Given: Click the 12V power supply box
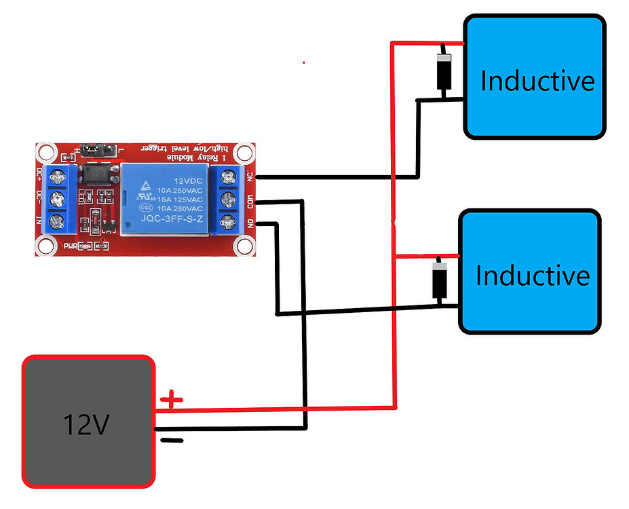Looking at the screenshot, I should [x=88, y=421].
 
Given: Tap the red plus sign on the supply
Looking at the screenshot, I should [x=172, y=399].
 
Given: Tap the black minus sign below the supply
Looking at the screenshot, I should [x=172, y=440].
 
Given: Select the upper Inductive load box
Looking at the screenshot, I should [x=534, y=77].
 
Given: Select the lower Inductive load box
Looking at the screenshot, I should [x=530, y=271].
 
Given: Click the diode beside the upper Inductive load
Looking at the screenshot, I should [x=443, y=71].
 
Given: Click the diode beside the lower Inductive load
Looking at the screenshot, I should [x=439, y=280].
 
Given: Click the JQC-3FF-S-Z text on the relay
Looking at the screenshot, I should [x=172, y=219].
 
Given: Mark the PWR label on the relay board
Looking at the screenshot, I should [x=70, y=246].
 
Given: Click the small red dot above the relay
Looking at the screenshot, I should [x=303, y=62].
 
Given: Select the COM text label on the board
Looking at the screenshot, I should [x=250, y=202].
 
